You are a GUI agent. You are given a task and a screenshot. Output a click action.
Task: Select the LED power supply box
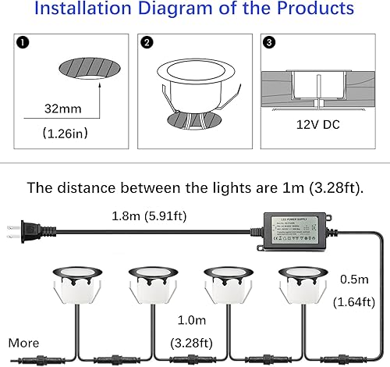pyautogui.click(x=297, y=228)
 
